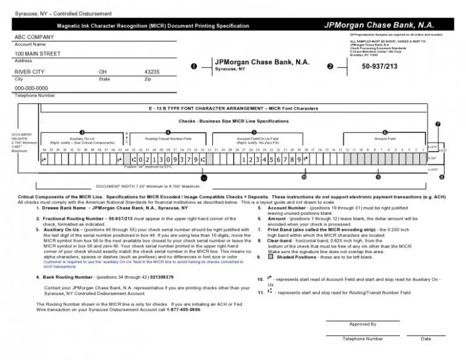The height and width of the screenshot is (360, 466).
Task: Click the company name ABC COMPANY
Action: [x=34, y=38]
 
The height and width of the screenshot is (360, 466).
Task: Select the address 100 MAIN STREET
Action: [x=38, y=54]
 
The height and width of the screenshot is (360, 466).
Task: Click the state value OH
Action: [x=103, y=72]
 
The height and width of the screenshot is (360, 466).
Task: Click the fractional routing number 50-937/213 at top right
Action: [x=379, y=66]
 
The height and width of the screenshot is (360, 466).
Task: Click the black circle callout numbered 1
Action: [x=194, y=66]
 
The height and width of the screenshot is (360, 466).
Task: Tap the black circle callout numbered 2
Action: [x=330, y=66]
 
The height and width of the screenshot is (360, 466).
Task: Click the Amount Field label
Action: [x=385, y=138]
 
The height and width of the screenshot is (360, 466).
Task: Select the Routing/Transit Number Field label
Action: [x=168, y=138]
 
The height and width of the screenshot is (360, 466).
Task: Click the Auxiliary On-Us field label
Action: [x=81, y=138]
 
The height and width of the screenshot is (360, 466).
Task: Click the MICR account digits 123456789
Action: [x=271, y=160]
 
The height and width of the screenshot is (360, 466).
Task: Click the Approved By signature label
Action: [x=362, y=324]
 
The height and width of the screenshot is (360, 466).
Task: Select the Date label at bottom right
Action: [x=425, y=339]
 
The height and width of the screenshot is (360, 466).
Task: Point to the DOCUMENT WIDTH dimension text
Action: [x=147, y=186]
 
